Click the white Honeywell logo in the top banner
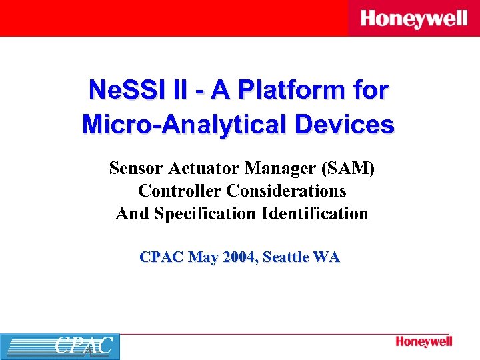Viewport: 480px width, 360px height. tap(414, 19)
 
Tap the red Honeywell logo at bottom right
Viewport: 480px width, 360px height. tap(424, 342)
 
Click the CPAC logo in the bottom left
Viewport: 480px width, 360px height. tap(60, 347)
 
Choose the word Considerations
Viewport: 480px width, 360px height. tap(287, 191)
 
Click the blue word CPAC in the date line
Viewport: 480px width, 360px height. tap(162, 257)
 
